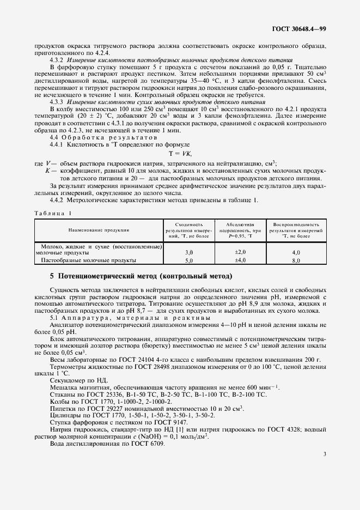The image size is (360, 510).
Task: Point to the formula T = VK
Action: [x=180, y=154]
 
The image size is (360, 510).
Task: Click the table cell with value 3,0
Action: [x=189, y=253]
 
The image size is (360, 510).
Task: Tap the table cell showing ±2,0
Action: [x=240, y=253]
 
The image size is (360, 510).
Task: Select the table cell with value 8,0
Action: [x=296, y=262]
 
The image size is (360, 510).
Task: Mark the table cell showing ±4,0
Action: [x=240, y=261]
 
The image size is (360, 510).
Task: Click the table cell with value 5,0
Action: [x=189, y=262]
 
